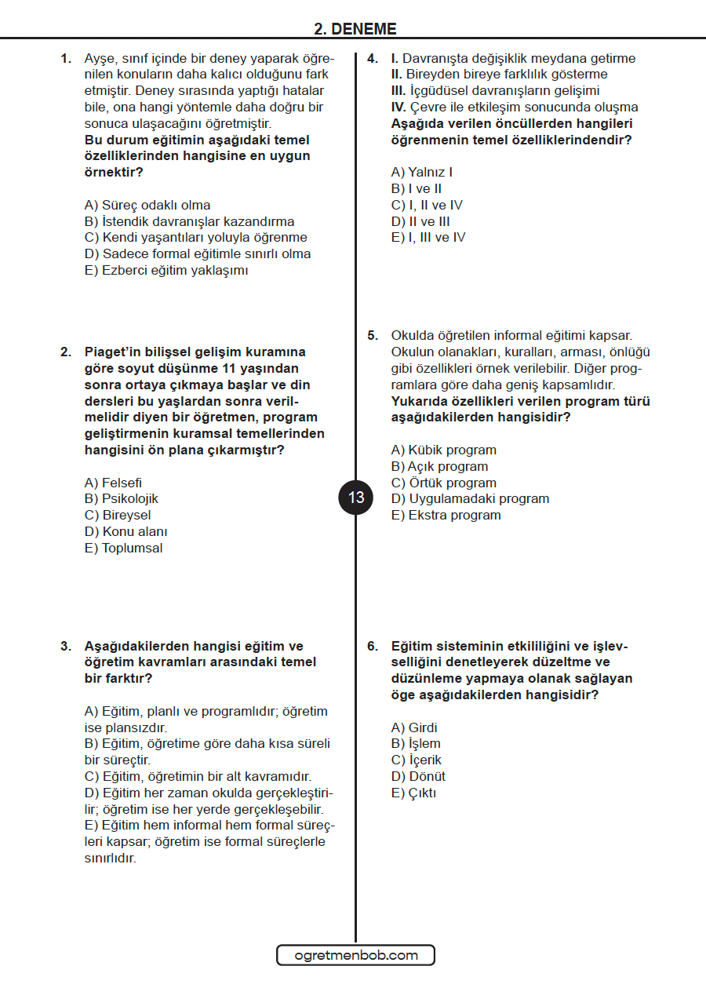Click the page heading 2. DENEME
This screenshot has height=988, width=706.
[x=355, y=29]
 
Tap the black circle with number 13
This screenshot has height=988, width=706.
[x=356, y=498]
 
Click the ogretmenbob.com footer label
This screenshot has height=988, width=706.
[x=355, y=955]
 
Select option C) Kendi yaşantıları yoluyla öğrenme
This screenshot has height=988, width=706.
[x=195, y=237]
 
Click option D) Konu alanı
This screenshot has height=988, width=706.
[x=126, y=531]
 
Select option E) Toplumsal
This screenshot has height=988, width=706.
[x=124, y=548]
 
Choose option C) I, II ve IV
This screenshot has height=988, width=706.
[x=427, y=205]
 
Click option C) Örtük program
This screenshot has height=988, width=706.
[x=443, y=483]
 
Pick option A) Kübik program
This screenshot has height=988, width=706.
[x=443, y=450]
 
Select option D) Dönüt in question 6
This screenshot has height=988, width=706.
[x=418, y=776]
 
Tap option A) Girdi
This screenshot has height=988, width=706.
[x=414, y=727]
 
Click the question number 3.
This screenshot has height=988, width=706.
[x=66, y=646]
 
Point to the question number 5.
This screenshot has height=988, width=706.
[x=373, y=335]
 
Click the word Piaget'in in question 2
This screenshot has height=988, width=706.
[x=112, y=352]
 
